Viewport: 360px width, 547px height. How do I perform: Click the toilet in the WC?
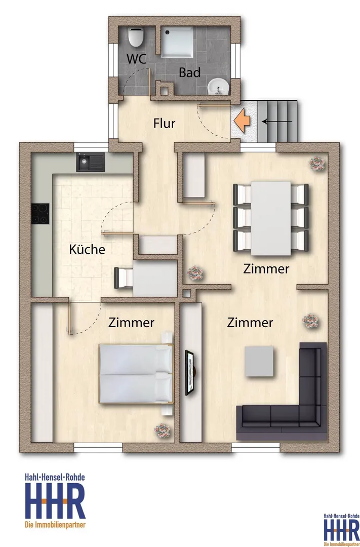coord(135,37)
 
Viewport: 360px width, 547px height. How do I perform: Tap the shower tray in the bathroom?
coord(177,42)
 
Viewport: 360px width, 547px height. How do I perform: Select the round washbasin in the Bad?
coord(218,86)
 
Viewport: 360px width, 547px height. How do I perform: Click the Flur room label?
coord(164,124)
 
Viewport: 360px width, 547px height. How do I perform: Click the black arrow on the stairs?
coord(277,122)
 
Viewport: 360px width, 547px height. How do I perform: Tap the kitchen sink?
coord(91,163)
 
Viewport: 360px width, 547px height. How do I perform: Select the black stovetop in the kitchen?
coord(40,214)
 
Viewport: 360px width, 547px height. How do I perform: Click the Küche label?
coord(87,249)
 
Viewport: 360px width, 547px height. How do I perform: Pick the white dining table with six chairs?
coord(271,218)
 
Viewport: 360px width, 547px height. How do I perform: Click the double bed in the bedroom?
coord(136,374)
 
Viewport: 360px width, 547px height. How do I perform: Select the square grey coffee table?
coord(259,361)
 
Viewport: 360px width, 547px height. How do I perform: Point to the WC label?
coord(136,59)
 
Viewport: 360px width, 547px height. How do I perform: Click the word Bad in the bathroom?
coord(190,72)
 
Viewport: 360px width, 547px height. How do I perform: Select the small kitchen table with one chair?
coord(146,278)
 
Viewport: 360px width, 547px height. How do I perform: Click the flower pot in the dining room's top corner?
coord(317,163)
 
